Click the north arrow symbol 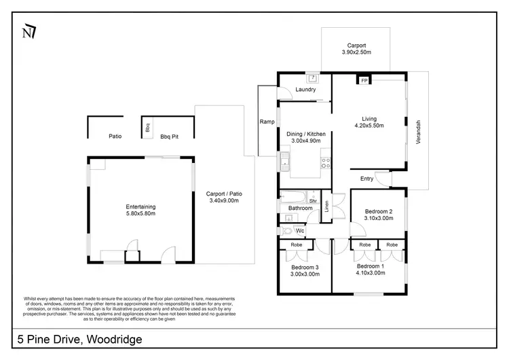tap(29, 31)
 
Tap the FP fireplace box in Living tap(364, 81)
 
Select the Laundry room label tap(306, 89)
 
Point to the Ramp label tap(267, 122)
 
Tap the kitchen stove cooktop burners tap(325, 162)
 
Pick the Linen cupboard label tap(326, 206)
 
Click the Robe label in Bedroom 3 tap(296, 245)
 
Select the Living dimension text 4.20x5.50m tap(369, 126)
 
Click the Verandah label tap(418, 132)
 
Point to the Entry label tap(366, 179)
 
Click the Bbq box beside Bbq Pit tap(147, 126)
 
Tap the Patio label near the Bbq tap(115, 137)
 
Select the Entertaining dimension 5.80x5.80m tap(140, 214)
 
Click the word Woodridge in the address tap(111, 339)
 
